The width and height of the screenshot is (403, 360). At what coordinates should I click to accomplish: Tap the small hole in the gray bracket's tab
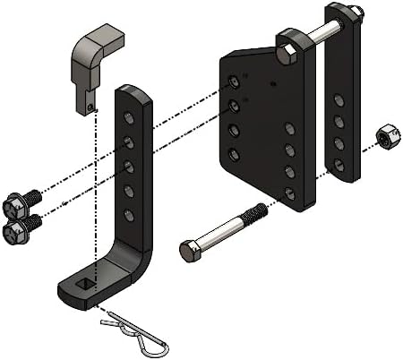tap(92, 109)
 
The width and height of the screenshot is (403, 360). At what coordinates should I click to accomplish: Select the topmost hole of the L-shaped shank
tap(129, 119)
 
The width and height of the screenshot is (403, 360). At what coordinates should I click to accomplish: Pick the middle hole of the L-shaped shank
tap(129, 167)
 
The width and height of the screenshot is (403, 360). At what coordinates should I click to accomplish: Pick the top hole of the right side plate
tap(339, 99)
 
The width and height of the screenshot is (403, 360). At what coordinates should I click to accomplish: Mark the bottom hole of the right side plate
tap(339, 165)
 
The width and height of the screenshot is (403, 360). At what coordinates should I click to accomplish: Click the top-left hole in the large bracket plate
tap(234, 83)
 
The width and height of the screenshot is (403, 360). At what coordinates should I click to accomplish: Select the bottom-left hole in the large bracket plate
tap(234, 155)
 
